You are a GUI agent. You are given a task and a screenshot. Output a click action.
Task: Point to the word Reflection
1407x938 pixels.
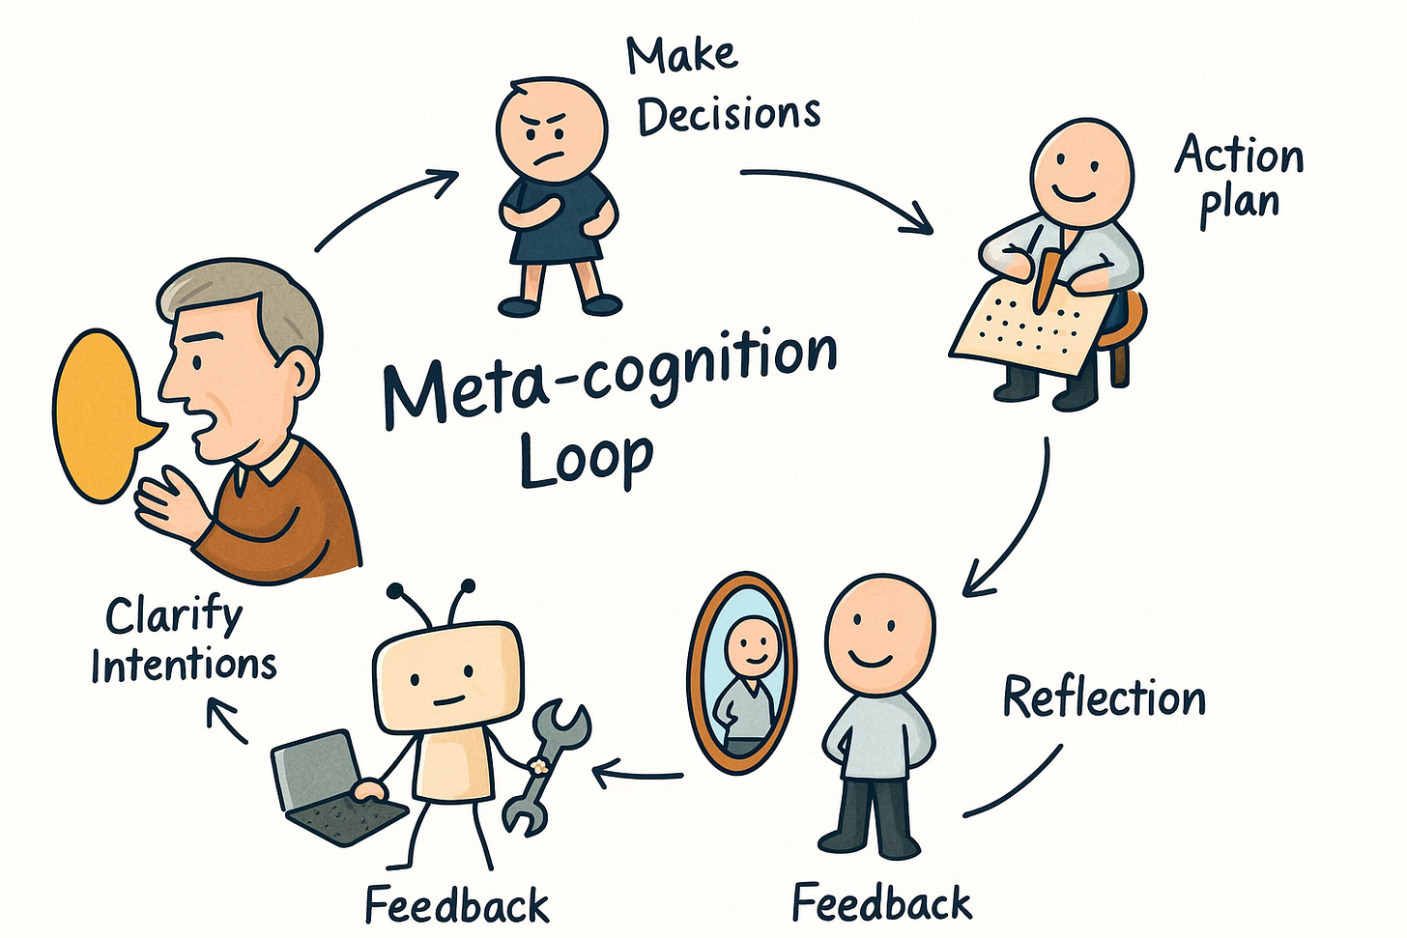pos(1104,697)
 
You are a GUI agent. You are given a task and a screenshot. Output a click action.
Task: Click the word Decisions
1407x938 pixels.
pos(729,115)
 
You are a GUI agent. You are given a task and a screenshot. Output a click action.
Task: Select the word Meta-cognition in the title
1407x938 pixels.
pos(609,376)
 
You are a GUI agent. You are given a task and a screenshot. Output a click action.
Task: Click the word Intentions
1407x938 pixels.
pos(184,666)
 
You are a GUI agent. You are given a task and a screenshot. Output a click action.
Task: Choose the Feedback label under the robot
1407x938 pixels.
pos(456,906)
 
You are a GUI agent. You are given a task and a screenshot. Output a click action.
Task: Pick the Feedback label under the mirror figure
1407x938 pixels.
pos(881,903)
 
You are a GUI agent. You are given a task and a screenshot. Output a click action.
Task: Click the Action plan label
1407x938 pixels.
pos(1239,180)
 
